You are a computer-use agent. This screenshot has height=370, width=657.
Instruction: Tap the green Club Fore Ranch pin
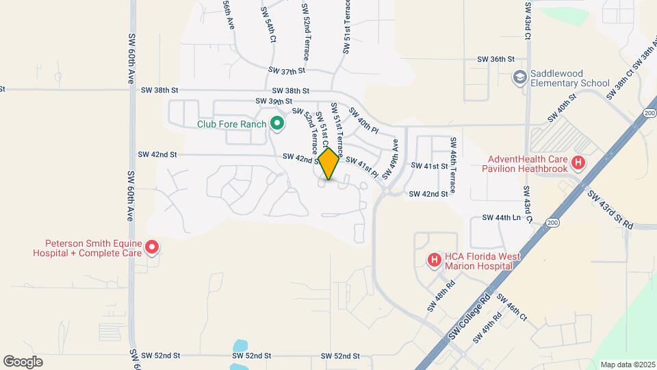coord(276,124)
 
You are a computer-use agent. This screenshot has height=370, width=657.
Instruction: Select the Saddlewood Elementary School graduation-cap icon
coord(520,77)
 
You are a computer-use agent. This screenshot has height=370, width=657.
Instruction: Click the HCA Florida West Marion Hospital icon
coord(433,260)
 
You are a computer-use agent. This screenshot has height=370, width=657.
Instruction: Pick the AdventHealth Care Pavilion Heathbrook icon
coord(579,163)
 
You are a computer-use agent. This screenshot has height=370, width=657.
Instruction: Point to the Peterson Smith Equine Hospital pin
coord(152,247)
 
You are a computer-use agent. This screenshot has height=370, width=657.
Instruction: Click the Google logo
coord(23,362)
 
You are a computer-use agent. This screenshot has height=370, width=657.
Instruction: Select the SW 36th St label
coord(495,60)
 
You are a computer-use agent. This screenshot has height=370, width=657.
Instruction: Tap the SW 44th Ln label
coord(501,217)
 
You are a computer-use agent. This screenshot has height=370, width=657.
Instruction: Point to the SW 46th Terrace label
coord(452,164)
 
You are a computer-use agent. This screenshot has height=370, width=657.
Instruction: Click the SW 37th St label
coord(285,71)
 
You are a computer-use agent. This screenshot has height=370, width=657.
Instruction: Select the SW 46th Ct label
coord(512,308)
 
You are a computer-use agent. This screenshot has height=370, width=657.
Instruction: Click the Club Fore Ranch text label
coord(231,125)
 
